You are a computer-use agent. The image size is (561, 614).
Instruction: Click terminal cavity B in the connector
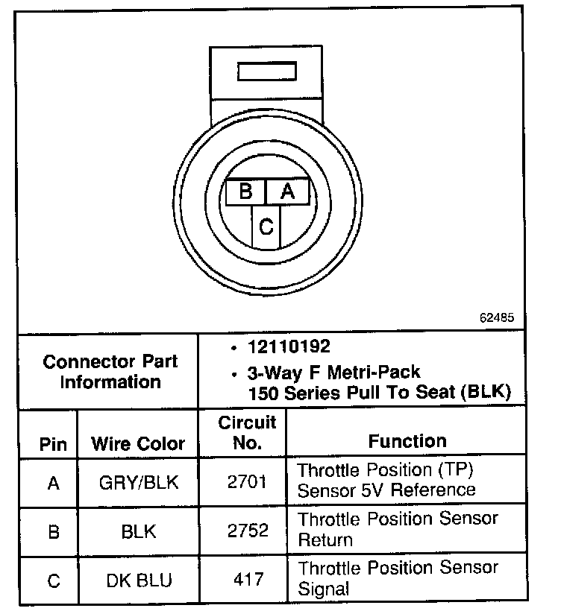tap(245, 192)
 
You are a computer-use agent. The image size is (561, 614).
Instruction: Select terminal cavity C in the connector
tap(266, 226)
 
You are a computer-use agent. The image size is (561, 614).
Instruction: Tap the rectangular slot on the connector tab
tap(266, 72)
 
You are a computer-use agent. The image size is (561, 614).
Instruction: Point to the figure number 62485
tap(496, 317)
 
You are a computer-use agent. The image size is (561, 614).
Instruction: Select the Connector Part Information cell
tap(110, 372)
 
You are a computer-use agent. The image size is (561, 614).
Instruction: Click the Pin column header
tap(53, 445)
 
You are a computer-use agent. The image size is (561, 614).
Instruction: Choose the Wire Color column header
tap(138, 445)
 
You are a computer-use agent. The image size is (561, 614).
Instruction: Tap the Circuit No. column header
tap(247, 433)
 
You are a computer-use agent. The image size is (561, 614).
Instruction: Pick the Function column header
tap(407, 441)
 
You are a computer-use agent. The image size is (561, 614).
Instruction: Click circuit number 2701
tap(246, 483)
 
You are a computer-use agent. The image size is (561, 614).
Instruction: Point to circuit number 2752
tap(246, 531)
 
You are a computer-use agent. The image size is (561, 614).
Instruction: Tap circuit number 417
tap(246, 580)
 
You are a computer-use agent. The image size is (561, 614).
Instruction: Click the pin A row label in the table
tap(53, 483)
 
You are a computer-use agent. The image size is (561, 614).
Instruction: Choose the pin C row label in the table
tap(53, 580)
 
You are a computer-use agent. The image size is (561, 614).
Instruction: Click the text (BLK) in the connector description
tap(485, 393)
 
